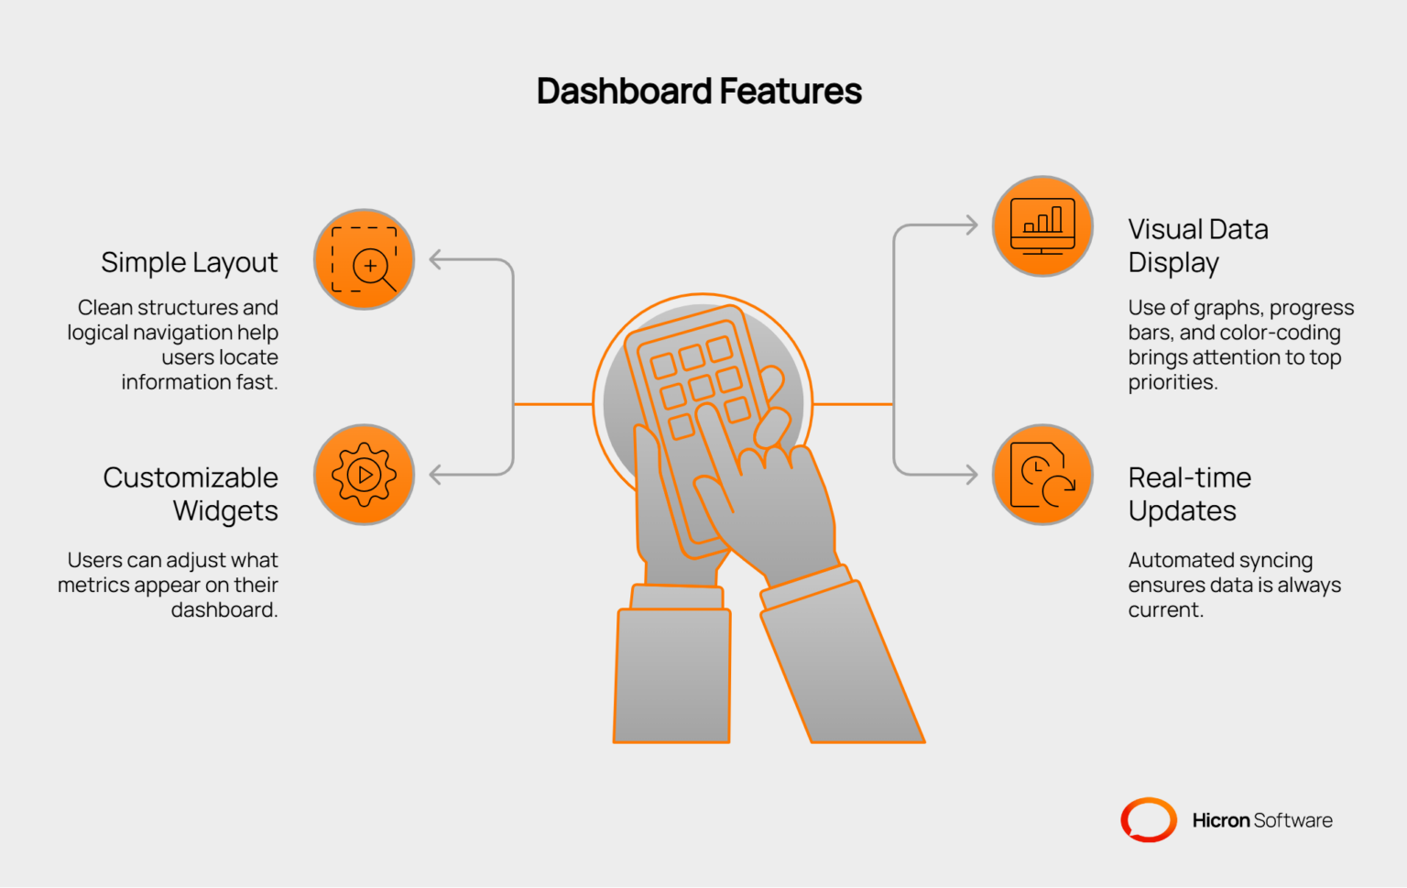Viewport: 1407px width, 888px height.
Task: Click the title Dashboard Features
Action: [699, 91]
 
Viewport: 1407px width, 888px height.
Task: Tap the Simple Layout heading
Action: [189, 263]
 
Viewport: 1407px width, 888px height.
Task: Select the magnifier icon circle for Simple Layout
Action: [365, 259]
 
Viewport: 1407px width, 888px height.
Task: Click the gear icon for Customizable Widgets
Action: [365, 475]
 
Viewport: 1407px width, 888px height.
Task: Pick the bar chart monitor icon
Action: [1042, 226]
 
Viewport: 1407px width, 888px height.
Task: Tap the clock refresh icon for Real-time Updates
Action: [1042, 475]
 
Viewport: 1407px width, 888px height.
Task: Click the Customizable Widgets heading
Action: [191, 495]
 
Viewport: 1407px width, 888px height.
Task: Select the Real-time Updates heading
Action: [1190, 495]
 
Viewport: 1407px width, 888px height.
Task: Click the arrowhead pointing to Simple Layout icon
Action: [435, 259]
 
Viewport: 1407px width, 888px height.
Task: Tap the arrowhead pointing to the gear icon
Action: [435, 475]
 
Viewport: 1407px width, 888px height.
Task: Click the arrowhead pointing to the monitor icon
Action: [972, 225]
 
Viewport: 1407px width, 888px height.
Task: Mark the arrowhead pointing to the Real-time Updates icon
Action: [972, 475]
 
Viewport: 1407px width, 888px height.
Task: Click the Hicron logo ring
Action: [1149, 819]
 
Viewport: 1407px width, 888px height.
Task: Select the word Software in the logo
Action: [1293, 820]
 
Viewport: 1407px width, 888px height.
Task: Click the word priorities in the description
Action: [1172, 383]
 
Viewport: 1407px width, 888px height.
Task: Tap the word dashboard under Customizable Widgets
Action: [224, 609]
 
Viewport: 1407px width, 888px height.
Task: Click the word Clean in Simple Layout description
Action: [105, 307]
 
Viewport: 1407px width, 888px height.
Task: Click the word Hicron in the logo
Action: [1221, 820]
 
